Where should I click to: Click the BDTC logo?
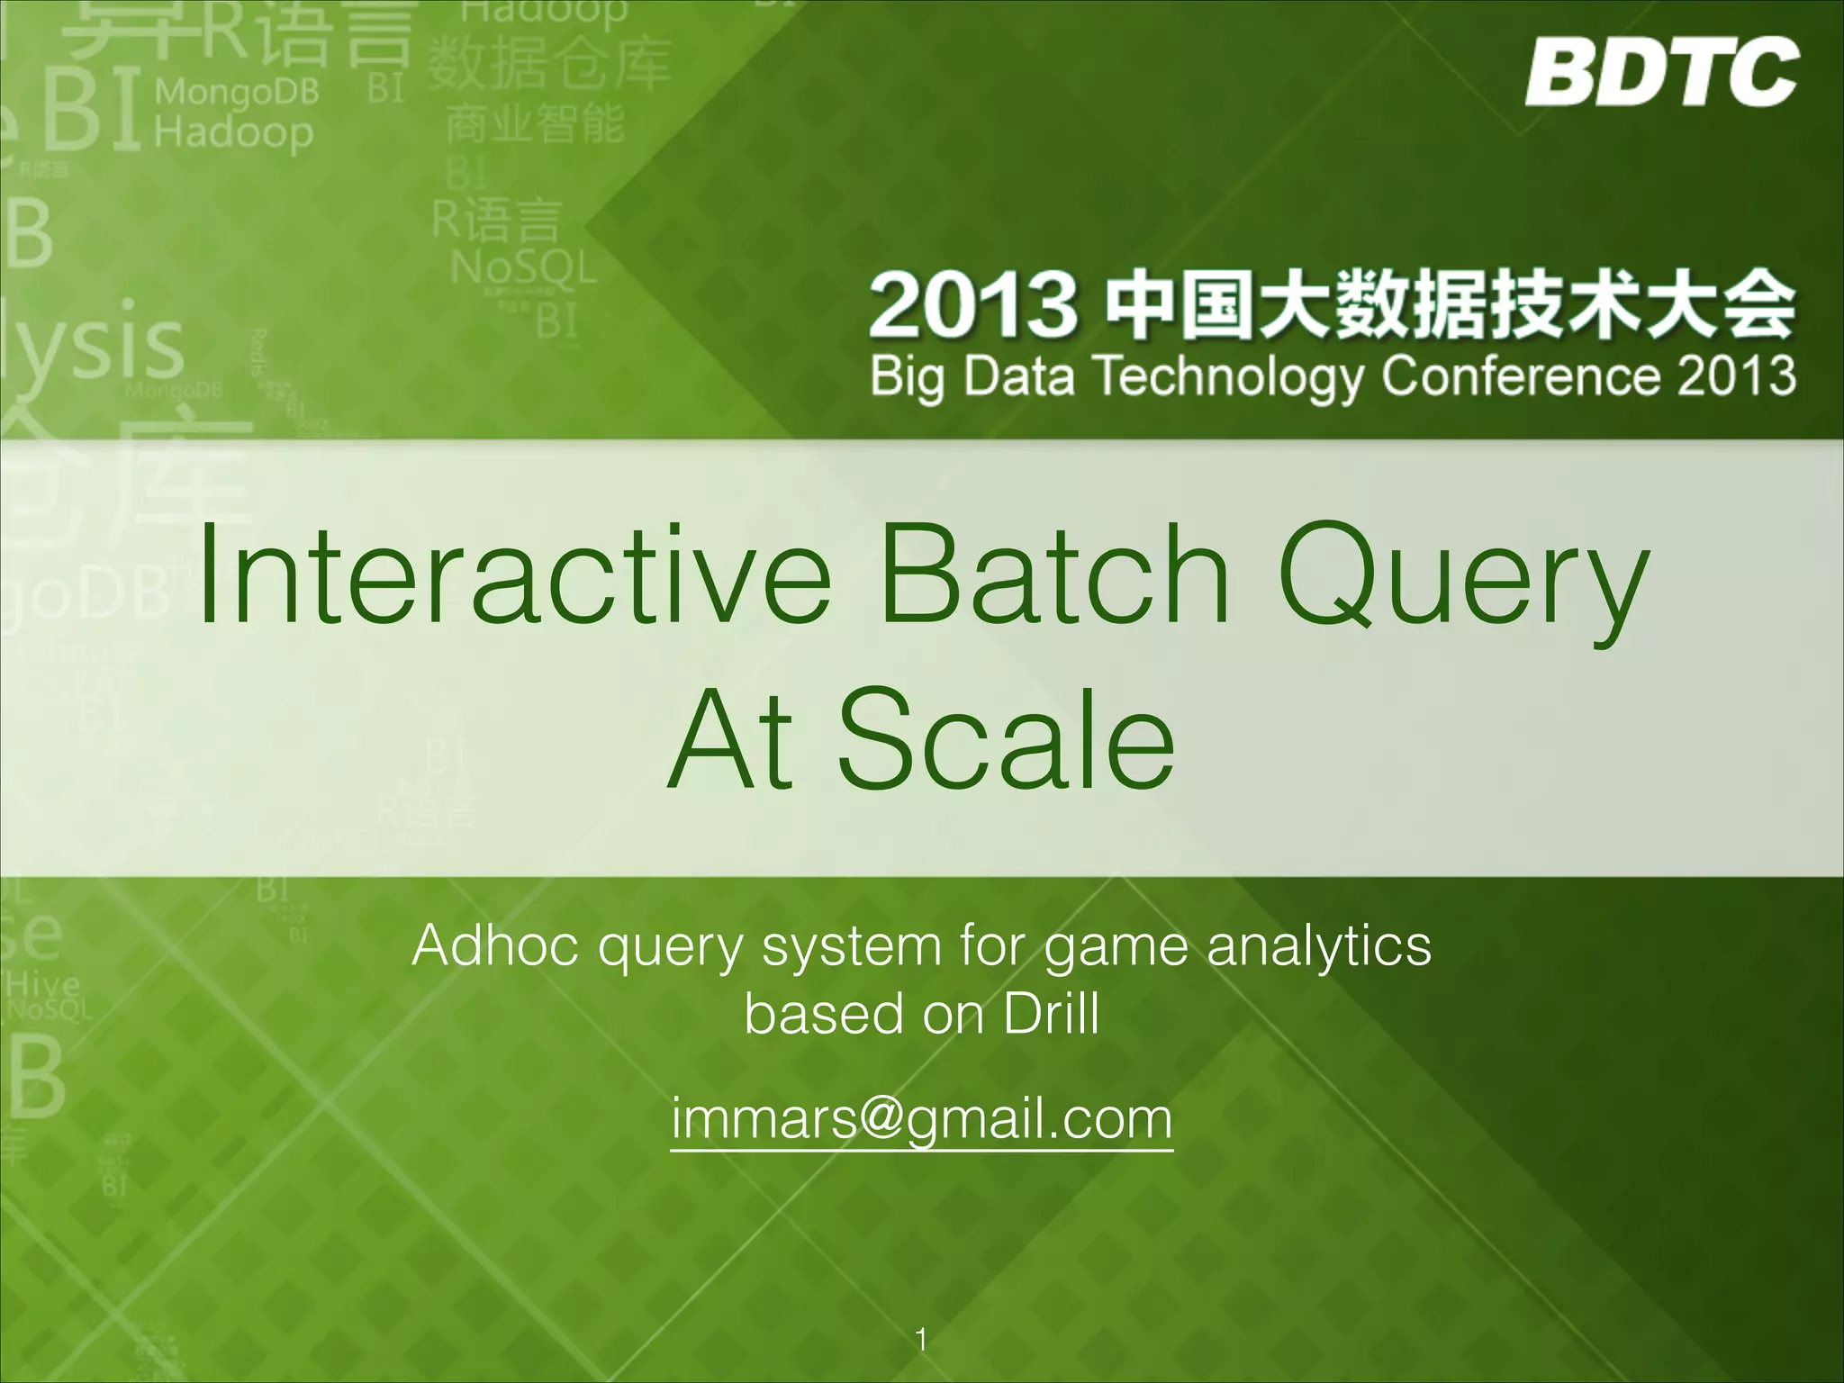click(1661, 72)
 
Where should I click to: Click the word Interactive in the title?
click(513, 576)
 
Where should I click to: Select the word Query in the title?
click(1463, 581)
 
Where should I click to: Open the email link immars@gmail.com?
click(922, 1119)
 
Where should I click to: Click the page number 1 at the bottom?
click(921, 1339)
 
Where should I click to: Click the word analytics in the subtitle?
click(1318, 948)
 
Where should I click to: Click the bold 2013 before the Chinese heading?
click(972, 306)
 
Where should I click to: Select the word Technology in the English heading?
click(1229, 376)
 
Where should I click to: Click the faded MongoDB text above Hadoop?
click(237, 92)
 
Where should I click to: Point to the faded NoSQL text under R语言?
click(523, 267)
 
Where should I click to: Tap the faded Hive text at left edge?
click(42, 984)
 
